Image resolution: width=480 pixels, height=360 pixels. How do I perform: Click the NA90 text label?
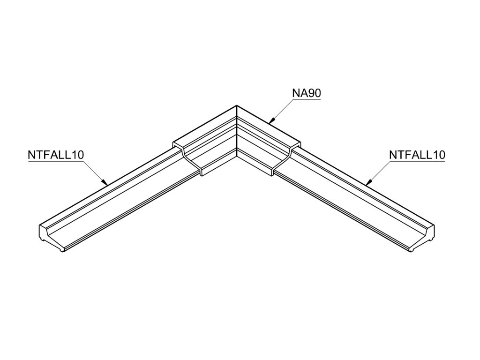(x=306, y=93)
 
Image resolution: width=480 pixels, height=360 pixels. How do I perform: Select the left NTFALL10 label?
(x=56, y=155)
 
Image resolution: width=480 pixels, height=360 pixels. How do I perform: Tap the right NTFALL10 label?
(x=417, y=155)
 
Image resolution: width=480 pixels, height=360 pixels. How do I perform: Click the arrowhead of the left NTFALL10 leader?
(x=106, y=183)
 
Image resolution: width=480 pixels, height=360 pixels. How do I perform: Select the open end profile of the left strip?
(x=52, y=237)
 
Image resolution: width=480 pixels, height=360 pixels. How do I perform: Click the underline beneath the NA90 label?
(x=306, y=100)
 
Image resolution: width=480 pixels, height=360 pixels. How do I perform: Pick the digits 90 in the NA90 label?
(x=314, y=93)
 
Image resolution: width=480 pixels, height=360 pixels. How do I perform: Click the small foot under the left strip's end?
(x=62, y=251)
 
